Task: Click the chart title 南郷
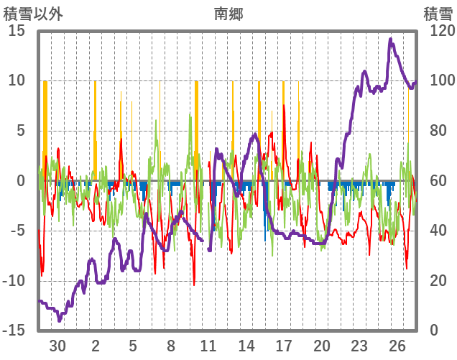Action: (x=228, y=13)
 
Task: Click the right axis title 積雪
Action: (x=437, y=13)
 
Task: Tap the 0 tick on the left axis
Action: (x=21, y=180)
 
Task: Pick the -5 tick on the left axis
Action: (x=17, y=230)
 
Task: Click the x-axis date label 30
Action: (x=57, y=345)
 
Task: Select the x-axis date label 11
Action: (x=208, y=345)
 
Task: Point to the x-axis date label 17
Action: (x=284, y=345)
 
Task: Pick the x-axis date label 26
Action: (x=397, y=345)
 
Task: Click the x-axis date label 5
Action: (x=133, y=345)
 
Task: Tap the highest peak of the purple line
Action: (x=390, y=39)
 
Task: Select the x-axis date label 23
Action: (x=359, y=345)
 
